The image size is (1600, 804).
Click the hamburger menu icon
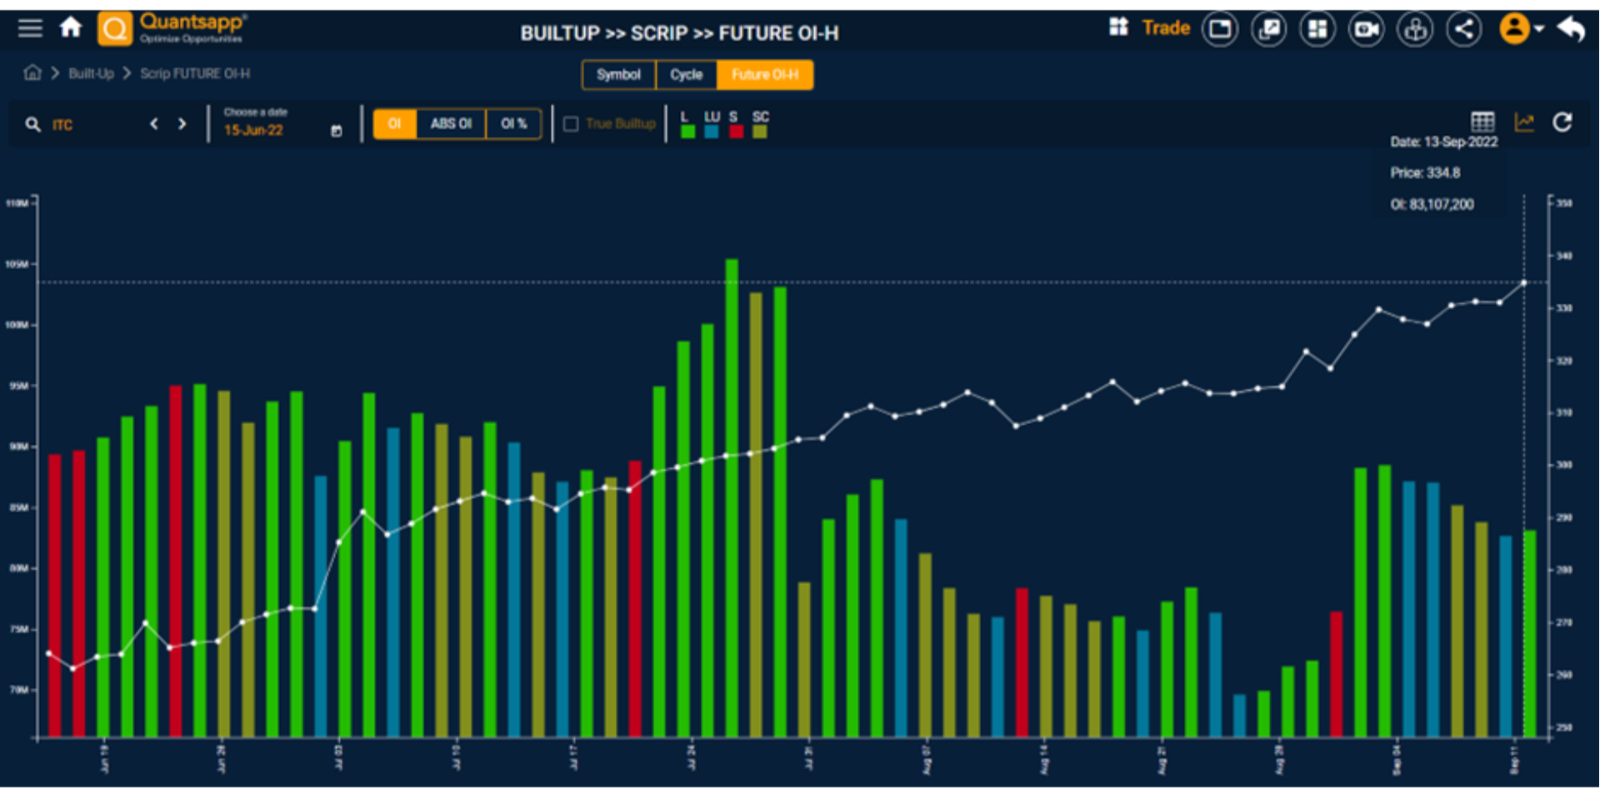click(30, 28)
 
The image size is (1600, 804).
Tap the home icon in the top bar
click(71, 28)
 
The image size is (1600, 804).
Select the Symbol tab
click(618, 75)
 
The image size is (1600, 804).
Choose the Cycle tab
click(686, 75)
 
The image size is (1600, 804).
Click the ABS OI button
click(451, 124)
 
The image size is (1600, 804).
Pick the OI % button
click(513, 124)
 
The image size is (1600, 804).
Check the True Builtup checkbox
click(571, 124)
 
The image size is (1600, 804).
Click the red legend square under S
click(736, 132)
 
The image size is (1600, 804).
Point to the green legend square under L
click(687, 132)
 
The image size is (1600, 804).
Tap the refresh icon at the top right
click(1562, 122)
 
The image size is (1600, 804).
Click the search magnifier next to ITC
click(32, 125)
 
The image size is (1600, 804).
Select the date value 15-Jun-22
click(253, 131)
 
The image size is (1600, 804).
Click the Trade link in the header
click(1166, 28)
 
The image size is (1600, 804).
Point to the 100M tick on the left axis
click(17, 325)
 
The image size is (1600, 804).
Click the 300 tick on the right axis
click(1564, 465)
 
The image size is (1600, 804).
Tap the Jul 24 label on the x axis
click(691, 757)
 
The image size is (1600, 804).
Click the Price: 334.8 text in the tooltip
click(1425, 173)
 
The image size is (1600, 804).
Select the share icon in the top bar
click(1463, 29)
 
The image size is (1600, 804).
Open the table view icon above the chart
click(1482, 122)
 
